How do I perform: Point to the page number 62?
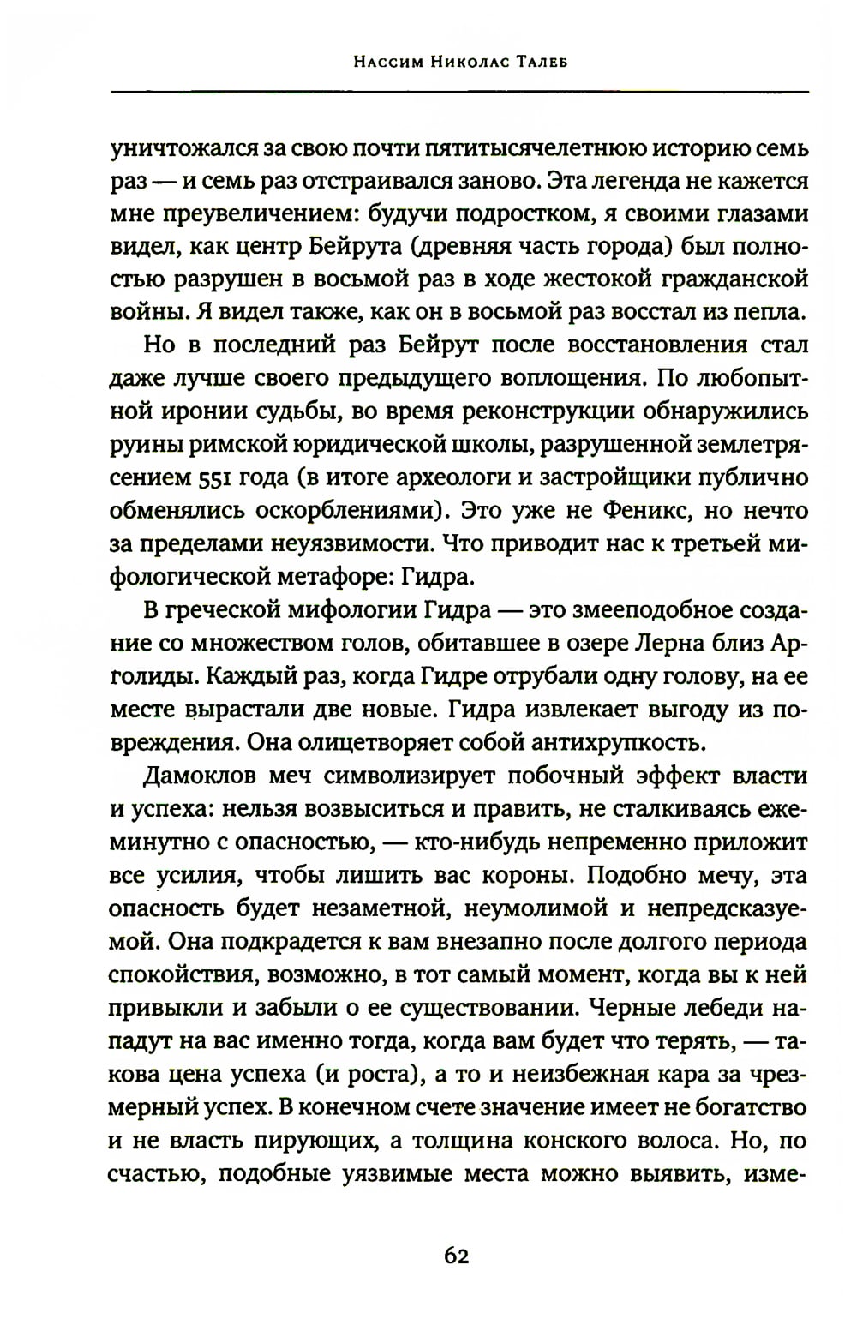click(x=457, y=1256)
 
